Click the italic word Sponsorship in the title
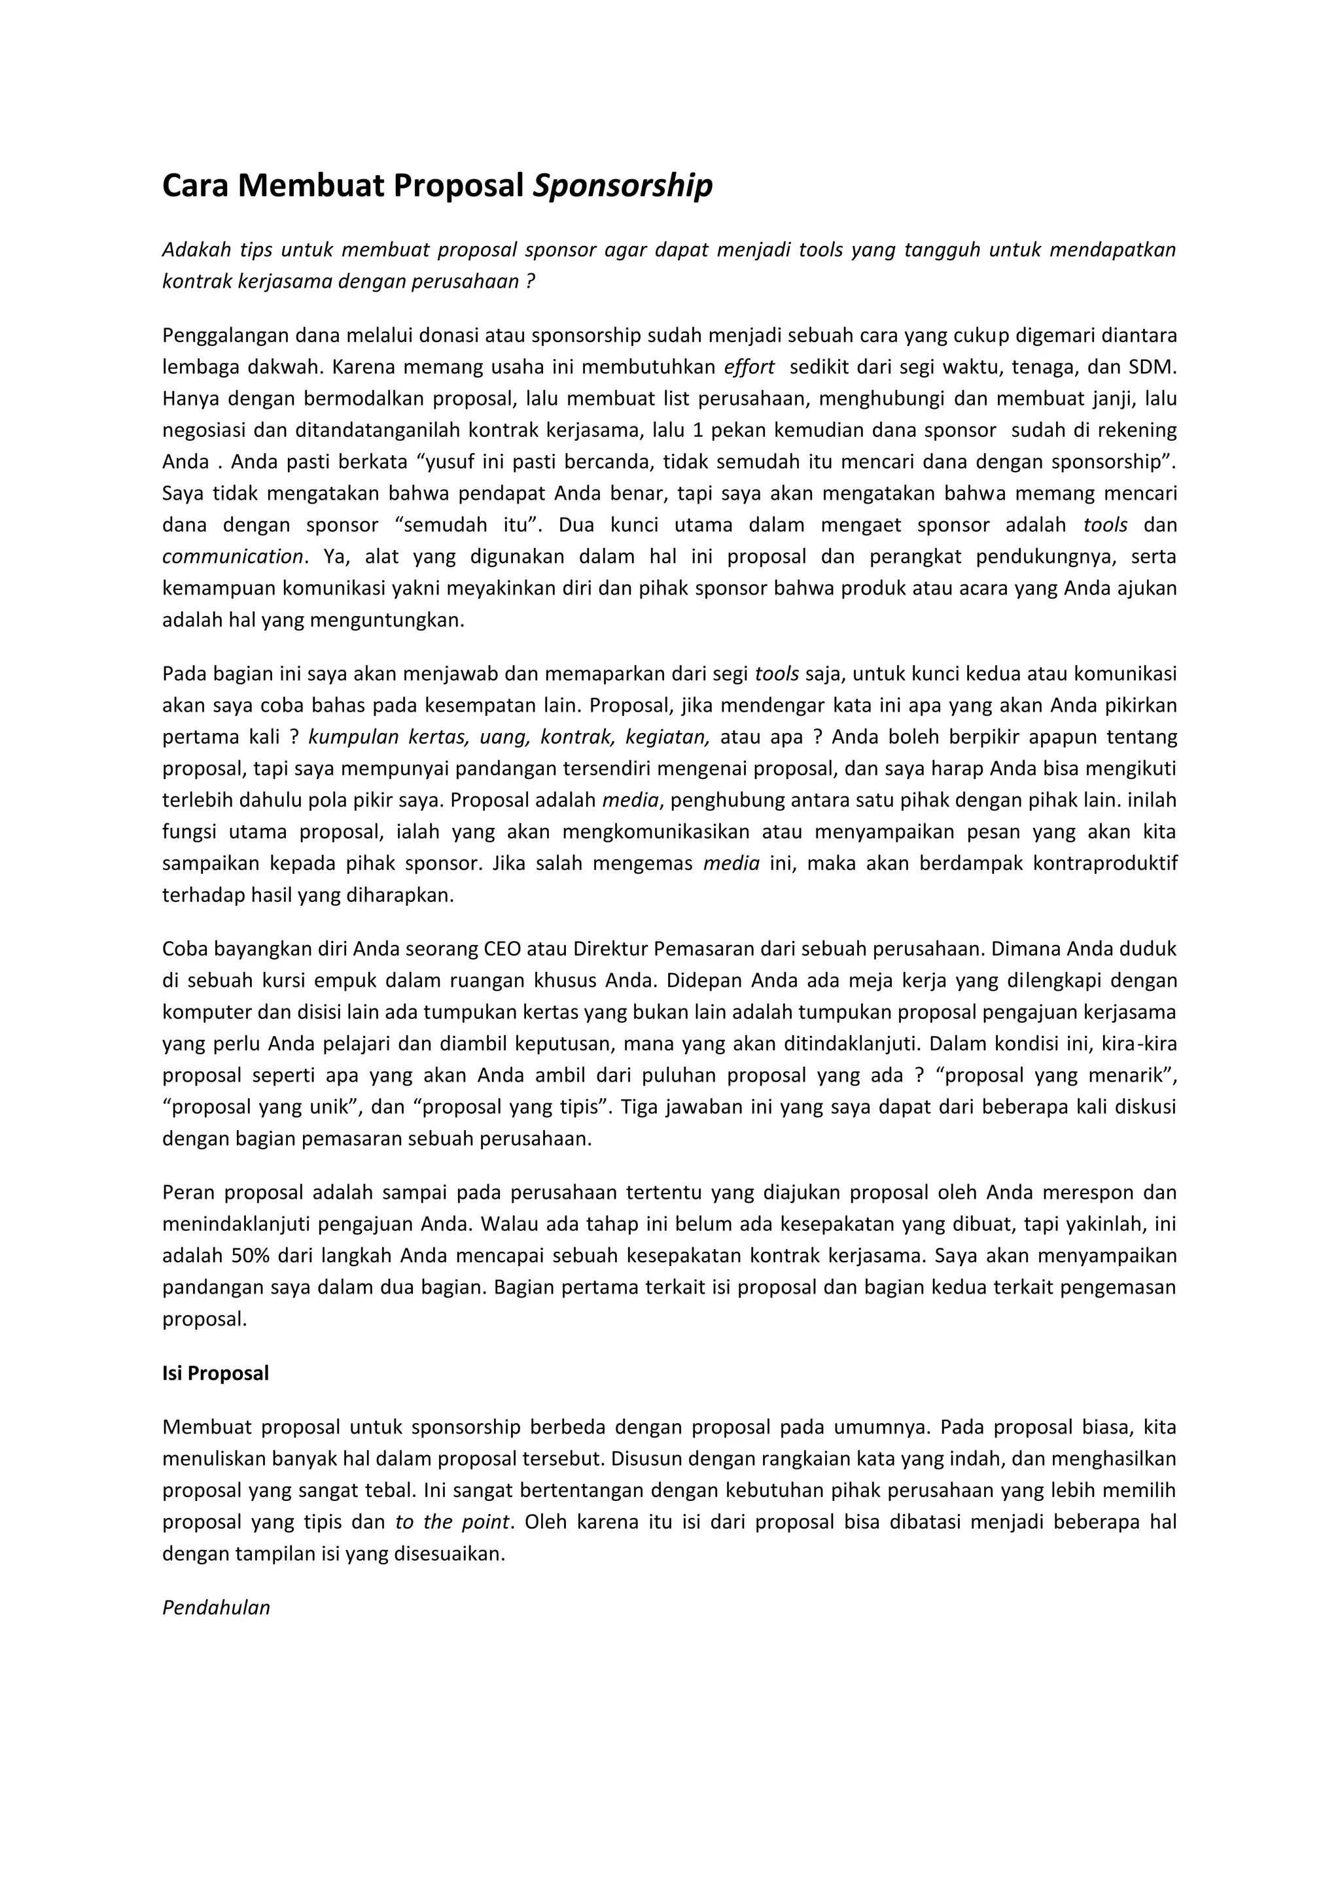click(623, 186)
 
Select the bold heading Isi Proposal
click(215, 1373)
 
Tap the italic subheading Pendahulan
click(216, 1608)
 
